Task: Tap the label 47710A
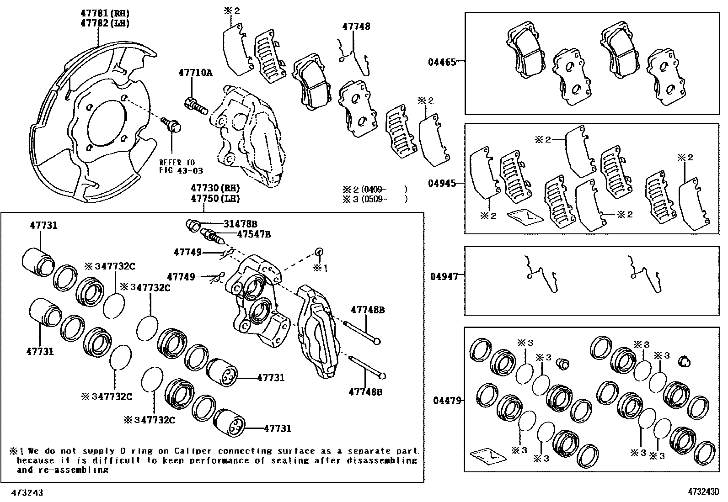pyautogui.click(x=195, y=73)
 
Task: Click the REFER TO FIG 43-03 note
pyautogui.click(x=181, y=166)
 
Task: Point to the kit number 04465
pyautogui.click(x=441, y=62)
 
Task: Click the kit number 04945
pyautogui.click(x=441, y=184)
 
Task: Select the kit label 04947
pyautogui.click(x=444, y=276)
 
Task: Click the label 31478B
pyautogui.click(x=240, y=224)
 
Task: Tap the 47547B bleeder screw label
pyautogui.click(x=253, y=234)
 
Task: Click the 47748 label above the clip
pyautogui.click(x=356, y=26)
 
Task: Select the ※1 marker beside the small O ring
pyautogui.click(x=320, y=268)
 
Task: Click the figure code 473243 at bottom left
pyautogui.click(x=28, y=493)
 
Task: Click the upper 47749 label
pyautogui.click(x=187, y=252)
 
